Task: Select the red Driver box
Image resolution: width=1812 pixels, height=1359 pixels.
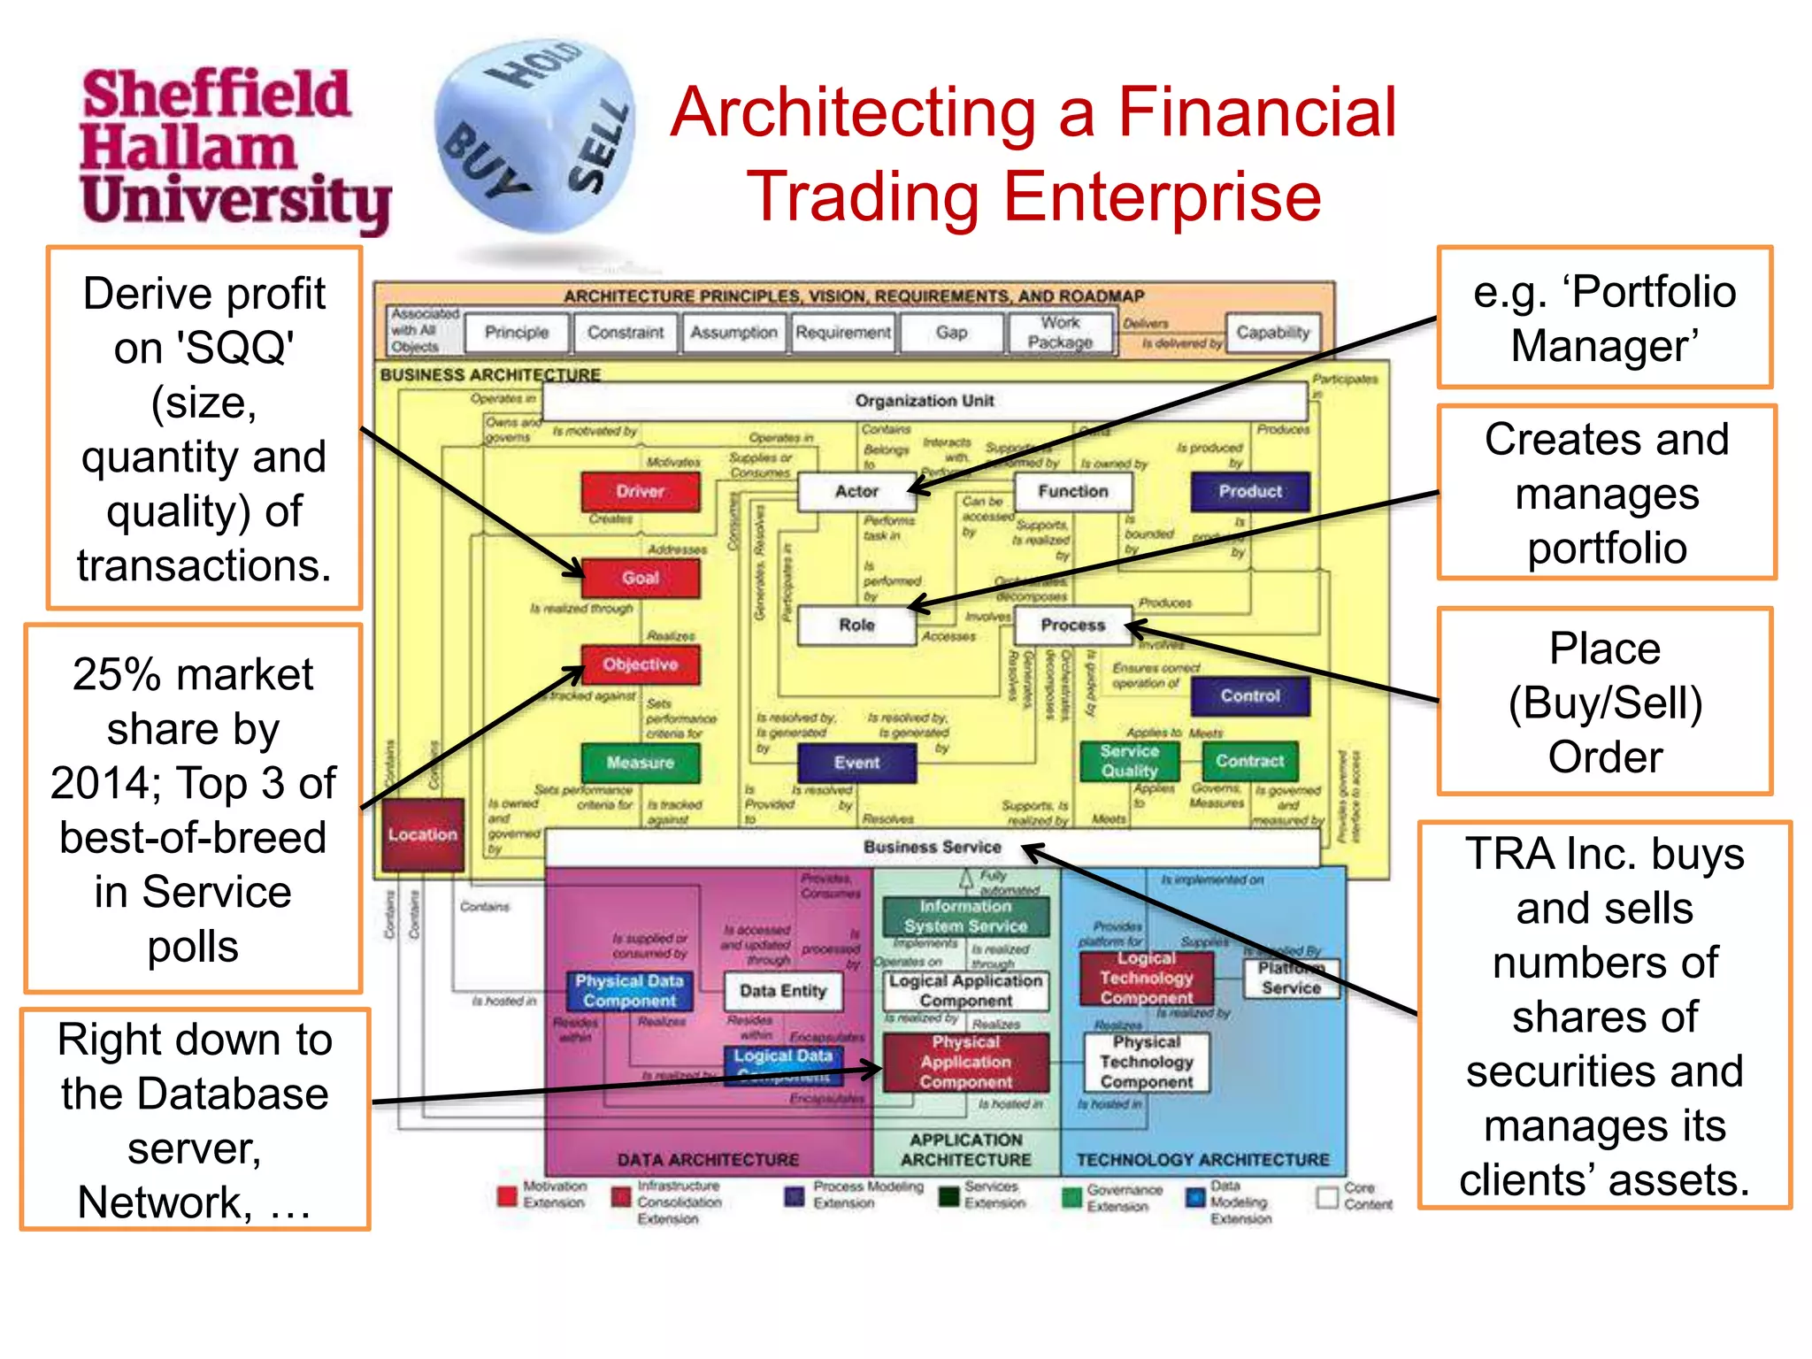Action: (x=641, y=491)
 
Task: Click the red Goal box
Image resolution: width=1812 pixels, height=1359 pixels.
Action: (x=641, y=578)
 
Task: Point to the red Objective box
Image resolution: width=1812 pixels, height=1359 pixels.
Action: (x=641, y=664)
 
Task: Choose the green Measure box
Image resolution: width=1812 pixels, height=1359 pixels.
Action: (x=641, y=762)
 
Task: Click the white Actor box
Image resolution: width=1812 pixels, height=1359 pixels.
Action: (x=856, y=491)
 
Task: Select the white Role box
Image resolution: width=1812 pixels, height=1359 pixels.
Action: (x=856, y=625)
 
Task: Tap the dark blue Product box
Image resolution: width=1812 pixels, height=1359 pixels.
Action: (x=1249, y=491)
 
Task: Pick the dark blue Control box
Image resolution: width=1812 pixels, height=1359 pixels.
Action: (x=1249, y=695)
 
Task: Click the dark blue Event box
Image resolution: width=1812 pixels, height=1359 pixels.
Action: (x=856, y=762)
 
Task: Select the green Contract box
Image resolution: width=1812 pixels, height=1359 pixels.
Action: (x=1249, y=761)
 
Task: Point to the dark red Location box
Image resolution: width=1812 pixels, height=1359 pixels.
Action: (x=423, y=834)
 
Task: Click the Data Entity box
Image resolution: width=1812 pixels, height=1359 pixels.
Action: (x=783, y=991)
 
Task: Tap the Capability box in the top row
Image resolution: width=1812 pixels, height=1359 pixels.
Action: (x=1272, y=333)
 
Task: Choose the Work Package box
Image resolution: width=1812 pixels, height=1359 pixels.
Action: (x=1060, y=333)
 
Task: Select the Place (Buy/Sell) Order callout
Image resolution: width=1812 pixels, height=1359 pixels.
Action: (x=1605, y=702)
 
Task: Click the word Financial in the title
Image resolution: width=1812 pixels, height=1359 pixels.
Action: (x=1256, y=113)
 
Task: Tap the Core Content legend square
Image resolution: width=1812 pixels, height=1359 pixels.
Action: (x=1326, y=1197)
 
